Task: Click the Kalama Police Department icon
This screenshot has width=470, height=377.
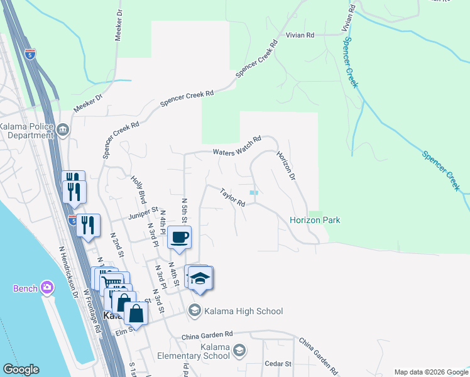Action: point(63,131)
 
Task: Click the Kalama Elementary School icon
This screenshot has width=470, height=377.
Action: point(239,351)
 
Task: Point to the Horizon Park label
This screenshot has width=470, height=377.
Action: point(315,220)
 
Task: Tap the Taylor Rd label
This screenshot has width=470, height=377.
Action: point(232,198)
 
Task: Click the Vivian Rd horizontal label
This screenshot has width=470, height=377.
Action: point(300,36)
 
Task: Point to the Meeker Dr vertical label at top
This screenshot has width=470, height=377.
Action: point(117,25)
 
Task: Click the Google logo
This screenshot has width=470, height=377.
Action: point(21,369)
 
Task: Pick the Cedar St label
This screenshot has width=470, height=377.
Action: point(278,364)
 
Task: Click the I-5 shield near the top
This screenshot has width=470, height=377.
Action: point(31,55)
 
